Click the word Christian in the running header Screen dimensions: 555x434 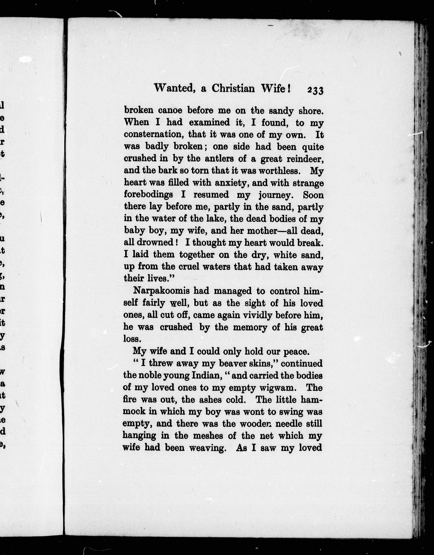coord(233,88)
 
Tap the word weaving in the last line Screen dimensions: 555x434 coord(208,448)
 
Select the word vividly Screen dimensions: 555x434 coord(259,315)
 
